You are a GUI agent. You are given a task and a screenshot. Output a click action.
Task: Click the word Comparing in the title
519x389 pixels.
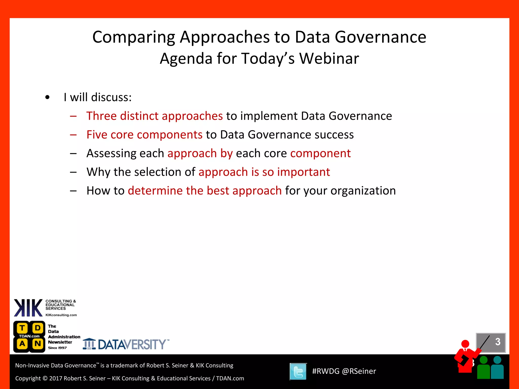point(133,37)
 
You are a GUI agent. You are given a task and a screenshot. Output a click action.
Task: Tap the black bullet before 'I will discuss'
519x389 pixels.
point(47,98)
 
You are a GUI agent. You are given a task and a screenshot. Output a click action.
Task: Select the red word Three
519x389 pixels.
point(101,116)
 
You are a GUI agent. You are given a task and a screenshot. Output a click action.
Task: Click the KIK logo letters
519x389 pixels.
point(28,308)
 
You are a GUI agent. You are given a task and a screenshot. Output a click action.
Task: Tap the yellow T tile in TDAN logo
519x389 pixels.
point(22,328)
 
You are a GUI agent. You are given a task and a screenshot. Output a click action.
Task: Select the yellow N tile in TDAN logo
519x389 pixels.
point(38,344)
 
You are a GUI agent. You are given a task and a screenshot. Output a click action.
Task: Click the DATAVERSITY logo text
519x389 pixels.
point(132,344)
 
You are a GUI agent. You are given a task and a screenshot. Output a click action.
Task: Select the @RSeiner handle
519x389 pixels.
point(359,371)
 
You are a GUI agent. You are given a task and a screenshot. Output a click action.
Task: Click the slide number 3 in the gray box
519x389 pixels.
point(497,342)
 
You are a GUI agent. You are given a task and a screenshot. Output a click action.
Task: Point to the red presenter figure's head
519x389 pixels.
point(465,344)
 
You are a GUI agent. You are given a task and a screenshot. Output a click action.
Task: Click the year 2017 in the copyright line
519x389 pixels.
point(55,378)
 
